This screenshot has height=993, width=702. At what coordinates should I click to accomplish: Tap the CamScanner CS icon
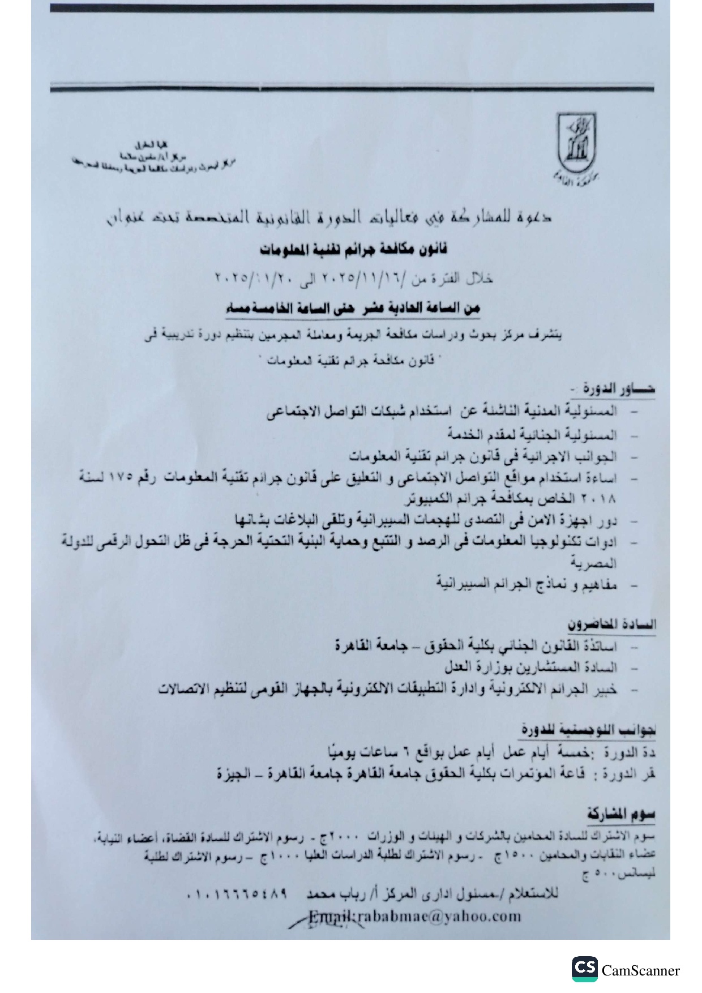(x=584, y=969)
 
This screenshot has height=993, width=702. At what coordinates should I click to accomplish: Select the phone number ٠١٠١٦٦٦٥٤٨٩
(x=237, y=894)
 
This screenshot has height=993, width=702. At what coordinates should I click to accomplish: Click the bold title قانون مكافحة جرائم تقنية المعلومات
(x=354, y=250)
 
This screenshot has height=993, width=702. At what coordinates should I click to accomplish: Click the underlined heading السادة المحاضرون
(x=611, y=624)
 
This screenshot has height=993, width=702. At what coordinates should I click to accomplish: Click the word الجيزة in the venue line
(x=234, y=774)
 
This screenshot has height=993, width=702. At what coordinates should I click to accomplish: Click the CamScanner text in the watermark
(x=640, y=971)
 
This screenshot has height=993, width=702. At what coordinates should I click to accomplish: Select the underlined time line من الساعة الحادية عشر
(x=354, y=309)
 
